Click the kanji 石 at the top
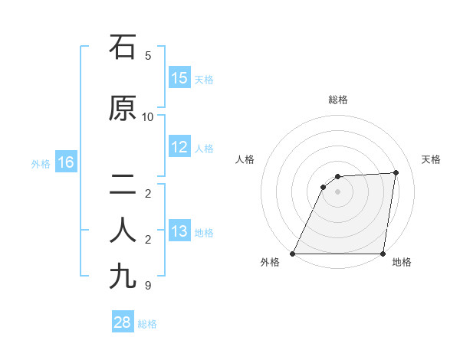coord(123,47)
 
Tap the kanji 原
coord(123,109)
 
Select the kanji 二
coord(123,185)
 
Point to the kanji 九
coord(123,277)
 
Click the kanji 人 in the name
coord(123,231)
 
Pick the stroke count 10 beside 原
coord(148,117)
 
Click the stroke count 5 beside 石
coord(148,56)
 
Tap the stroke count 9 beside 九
coord(148,286)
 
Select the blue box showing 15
coord(179,78)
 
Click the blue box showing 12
coord(179,147)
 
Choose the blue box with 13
coord(179,231)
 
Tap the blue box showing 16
coord(65,162)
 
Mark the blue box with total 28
coord(123,322)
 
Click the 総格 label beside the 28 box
coord(147,324)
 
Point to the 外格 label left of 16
coord(40,163)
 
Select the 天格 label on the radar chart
coord(431,159)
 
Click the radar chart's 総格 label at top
coord(337,100)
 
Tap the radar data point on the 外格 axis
coord(293,254)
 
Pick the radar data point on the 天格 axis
coord(396,172)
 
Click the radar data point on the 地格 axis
coord(383,254)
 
